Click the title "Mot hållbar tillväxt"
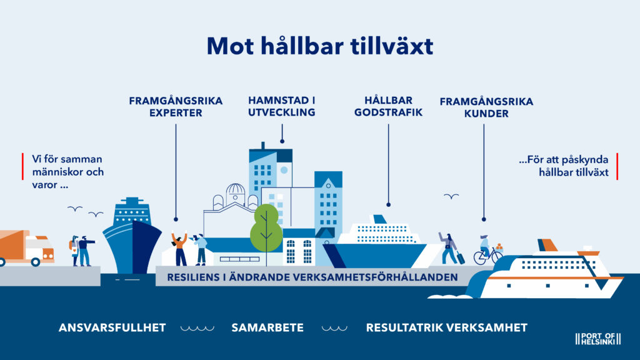point(320,46)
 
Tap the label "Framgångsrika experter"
point(176,106)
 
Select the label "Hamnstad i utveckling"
point(282,106)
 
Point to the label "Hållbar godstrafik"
point(388,106)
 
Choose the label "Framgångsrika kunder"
point(486,107)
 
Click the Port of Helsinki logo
point(598,339)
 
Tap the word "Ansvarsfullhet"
point(112,327)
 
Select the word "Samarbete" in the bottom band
point(267,327)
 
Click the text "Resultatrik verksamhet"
point(446,327)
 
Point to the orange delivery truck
point(26,247)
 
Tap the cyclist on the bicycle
point(487,250)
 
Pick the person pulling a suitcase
point(451,248)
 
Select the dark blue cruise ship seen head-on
point(132,236)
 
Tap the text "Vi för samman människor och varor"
point(67,172)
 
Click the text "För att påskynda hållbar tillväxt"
point(564,166)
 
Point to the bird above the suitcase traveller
point(451,196)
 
